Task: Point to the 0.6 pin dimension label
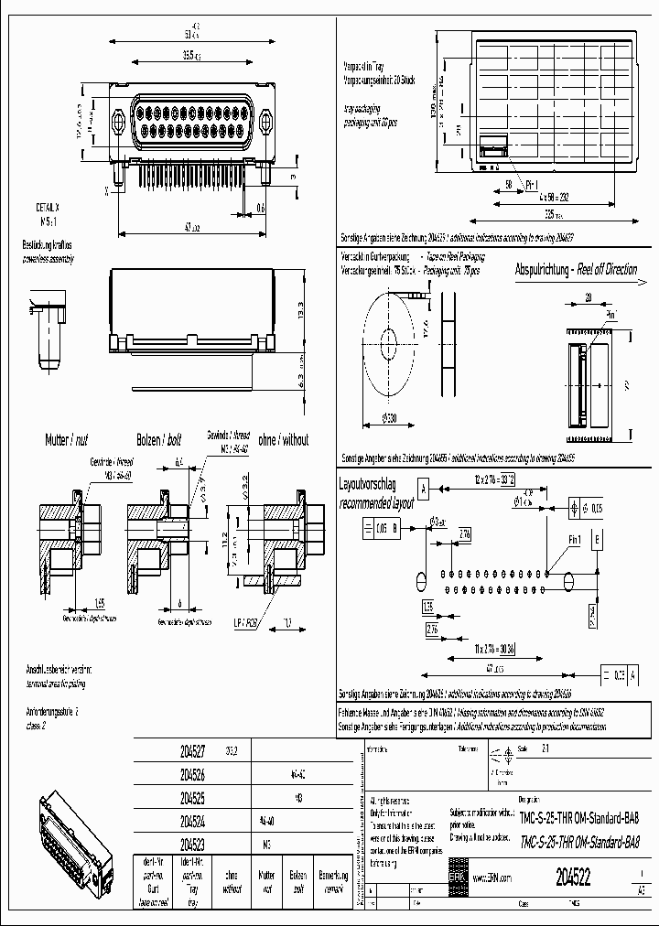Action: pos(261,208)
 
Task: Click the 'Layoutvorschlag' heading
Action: pos(370,483)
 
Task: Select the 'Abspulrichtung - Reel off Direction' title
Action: pos(577,271)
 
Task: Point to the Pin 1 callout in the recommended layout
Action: pos(573,541)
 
